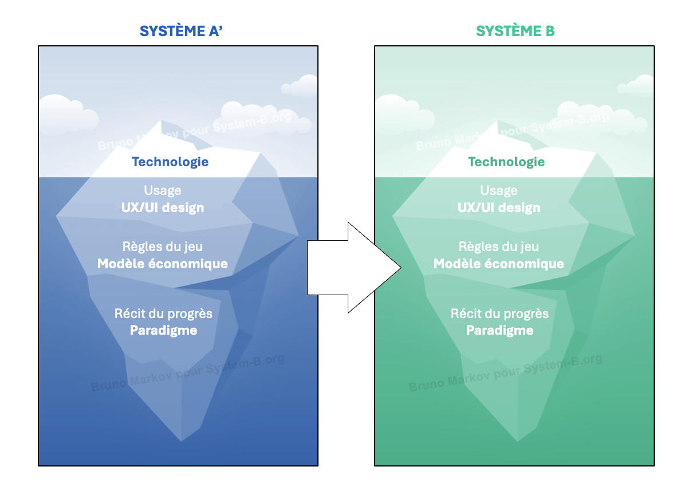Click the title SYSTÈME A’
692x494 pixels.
pyautogui.click(x=181, y=31)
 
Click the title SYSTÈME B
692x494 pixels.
pyautogui.click(x=515, y=31)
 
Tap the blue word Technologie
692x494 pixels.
pyautogui.click(x=170, y=162)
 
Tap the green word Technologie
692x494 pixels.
pyautogui.click(x=506, y=162)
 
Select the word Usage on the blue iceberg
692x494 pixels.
pyautogui.click(x=163, y=190)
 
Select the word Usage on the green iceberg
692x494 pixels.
pyautogui.click(x=498, y=190)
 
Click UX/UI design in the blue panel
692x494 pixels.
pyautogui.click(x=163, y=207)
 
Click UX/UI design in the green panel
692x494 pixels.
pyautogui.click(x=498, y=207)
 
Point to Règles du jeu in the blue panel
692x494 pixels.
pyautogui.click(x=163, y=246)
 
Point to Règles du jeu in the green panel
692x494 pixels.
pyautogui.click(x=498, y=246)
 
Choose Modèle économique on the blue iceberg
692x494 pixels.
pyautogui.click(x=163, y=264)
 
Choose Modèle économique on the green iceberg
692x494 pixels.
pyautogui.click(x=498, y=264)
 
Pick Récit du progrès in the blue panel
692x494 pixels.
pyautogui.click(x=163, y=314)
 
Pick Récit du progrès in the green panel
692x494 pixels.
pyautogui.click(x=500, y=314)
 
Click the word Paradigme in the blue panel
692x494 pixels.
pyautogui.click(x=163, y=331)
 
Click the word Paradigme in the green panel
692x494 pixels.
pyautogui.click(x=500, y=331)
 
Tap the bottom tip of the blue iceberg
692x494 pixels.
pyautogui.click(x=181, y=441)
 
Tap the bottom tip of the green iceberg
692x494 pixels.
pyautogui.click(x=517, y=441)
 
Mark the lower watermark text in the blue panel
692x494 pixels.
pyautogui.click(x=187, y=373)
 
